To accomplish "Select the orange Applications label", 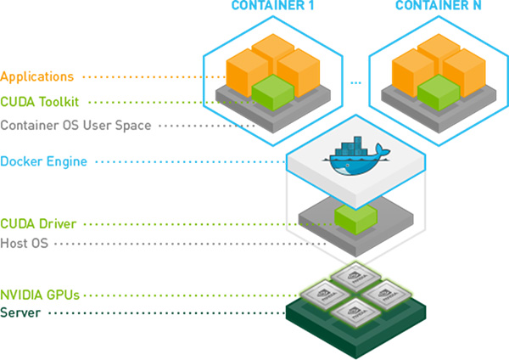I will (37, 77).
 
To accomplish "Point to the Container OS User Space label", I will (76, 126).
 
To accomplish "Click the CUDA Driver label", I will (39, 224).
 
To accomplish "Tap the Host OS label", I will (25, 243).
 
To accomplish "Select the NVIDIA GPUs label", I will (40, 295).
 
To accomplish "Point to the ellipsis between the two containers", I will (355, 83).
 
